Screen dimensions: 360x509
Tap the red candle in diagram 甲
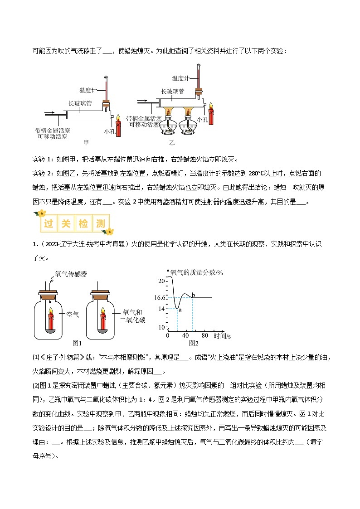tap(119, 127)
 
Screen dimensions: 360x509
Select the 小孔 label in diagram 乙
tap(203, 120)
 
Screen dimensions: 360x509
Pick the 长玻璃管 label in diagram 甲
tap(80, 103)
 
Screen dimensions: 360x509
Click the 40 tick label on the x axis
tap(185, 336)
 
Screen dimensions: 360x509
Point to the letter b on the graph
tap(193, 295)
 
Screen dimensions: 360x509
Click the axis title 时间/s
tap(222, 336)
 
